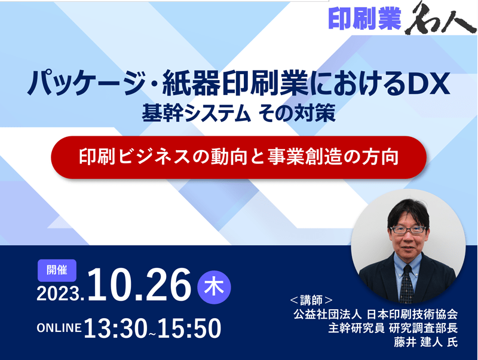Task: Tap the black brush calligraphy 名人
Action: (440, 19)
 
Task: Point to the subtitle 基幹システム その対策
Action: (238, 113)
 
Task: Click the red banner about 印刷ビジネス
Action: (238, 157)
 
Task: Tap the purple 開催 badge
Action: (57, 270)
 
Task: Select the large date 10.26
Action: (139, 284)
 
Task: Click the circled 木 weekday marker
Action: (214, 287)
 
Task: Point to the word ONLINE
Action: (59, 328)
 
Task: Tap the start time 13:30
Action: (115, 328)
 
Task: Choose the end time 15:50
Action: (189, 328)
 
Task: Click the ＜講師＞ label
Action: (311, 300)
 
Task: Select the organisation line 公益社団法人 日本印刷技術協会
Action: (376, 314)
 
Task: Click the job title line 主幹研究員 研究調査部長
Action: (393, 328)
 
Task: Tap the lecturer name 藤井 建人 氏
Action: (426, 342)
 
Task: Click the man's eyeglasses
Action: (408, 230)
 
